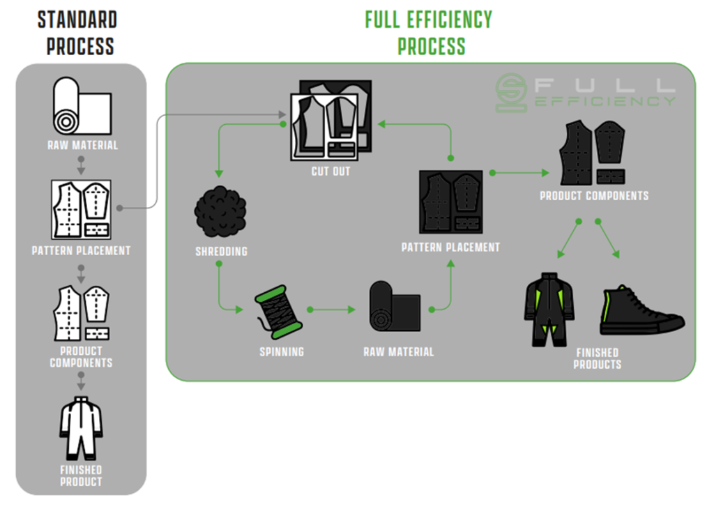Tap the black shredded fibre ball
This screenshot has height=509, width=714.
(220, 212)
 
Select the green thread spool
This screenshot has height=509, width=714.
(278, 312)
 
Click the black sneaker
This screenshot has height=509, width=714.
(642, 310)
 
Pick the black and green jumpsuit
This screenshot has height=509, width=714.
(549, 310)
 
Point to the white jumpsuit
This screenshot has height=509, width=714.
(81, 429)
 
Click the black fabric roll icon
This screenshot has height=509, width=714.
(395, 306)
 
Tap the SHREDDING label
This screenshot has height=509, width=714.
(221, 251)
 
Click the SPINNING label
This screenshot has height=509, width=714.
(282, 352)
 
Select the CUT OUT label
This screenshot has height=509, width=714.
(331, 172)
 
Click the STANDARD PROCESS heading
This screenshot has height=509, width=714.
(78, 33)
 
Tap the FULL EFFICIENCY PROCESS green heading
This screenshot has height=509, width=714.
(429, 33)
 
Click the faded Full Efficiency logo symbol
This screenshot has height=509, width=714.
(511, 93)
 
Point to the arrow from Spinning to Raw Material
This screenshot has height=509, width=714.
(331, 310)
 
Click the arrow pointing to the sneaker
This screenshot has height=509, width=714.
(608, 239)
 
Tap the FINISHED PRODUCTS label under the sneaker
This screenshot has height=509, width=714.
(598, 359)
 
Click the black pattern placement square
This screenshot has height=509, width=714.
(451, 202)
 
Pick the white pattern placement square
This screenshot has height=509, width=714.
(81, 209)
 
